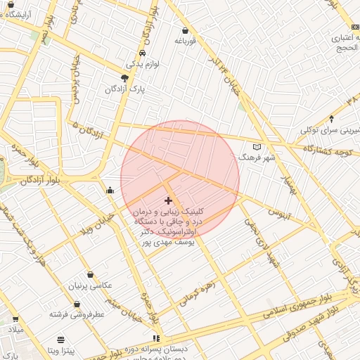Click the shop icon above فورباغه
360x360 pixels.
pyautogui.click(x=185, y=31)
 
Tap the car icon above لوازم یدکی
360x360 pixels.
pyautogui.click(x=143, y=53)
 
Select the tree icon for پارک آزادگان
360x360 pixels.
pyautogui.click(x=124, y=78)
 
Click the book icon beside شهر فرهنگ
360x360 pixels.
pyautogui.click(x=257, y=147)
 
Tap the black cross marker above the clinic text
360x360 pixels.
pyautogui.click(x=168, y=201)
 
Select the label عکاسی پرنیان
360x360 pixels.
pyautogui.click(x=89, y=285)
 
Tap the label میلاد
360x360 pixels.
pyautogui.click(x=15, y=330)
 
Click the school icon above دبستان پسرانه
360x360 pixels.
pyautogui.click(x=156, y=338)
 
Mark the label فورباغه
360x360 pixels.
pyautogui.click(x=184, y=41)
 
